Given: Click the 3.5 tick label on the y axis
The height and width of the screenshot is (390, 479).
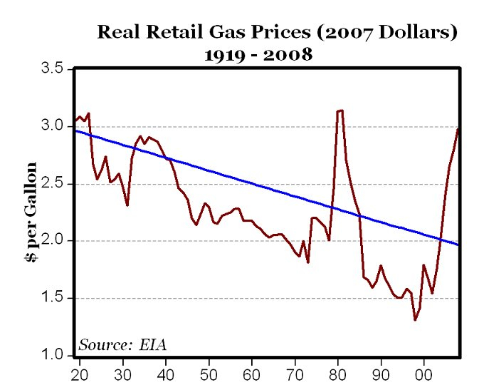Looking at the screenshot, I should point(54,69).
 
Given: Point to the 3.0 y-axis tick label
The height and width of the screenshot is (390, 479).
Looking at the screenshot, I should point(54,126).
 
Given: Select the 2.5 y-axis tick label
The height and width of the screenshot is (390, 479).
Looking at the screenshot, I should point(54,183).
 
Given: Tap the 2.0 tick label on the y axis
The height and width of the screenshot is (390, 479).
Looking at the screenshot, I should point(54,241).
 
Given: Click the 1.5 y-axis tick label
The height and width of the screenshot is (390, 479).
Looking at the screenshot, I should point(54,298).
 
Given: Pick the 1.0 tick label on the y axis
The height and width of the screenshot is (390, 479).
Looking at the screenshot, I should point(54,355).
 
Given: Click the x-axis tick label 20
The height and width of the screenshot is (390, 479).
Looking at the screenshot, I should point(79,374).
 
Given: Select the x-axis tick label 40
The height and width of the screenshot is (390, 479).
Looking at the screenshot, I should point(166,374).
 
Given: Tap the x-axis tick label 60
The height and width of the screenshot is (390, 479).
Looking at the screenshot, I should point(252,374).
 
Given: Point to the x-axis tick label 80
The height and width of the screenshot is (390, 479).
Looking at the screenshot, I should point(338,374).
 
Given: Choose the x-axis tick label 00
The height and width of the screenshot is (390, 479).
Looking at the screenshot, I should point(425,374).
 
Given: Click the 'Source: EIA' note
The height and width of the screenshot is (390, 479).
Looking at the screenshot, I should point(122,345).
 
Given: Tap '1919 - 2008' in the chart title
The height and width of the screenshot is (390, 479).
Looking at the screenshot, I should point(259,54).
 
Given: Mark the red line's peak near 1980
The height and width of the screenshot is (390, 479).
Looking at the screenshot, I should point(340,111).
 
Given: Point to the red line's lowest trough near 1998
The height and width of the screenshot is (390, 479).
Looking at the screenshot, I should point(415,319).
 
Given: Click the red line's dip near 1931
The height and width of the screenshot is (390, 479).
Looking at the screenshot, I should point(127,205).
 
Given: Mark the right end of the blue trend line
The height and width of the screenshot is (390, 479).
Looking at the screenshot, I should point(459,245).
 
